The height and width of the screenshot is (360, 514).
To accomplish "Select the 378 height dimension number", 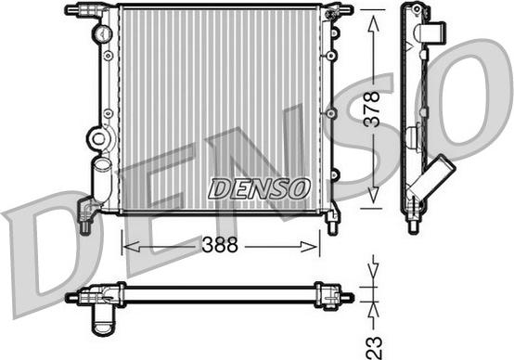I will [371, 109].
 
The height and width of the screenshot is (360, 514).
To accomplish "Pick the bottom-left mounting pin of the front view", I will [85, 224].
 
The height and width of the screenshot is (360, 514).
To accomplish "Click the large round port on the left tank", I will [97, 139].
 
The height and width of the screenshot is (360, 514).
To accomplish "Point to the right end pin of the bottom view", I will [347, 298].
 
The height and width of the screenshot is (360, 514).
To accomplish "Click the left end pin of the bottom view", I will [71, 298].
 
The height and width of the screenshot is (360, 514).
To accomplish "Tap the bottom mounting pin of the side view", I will [411, 223].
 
